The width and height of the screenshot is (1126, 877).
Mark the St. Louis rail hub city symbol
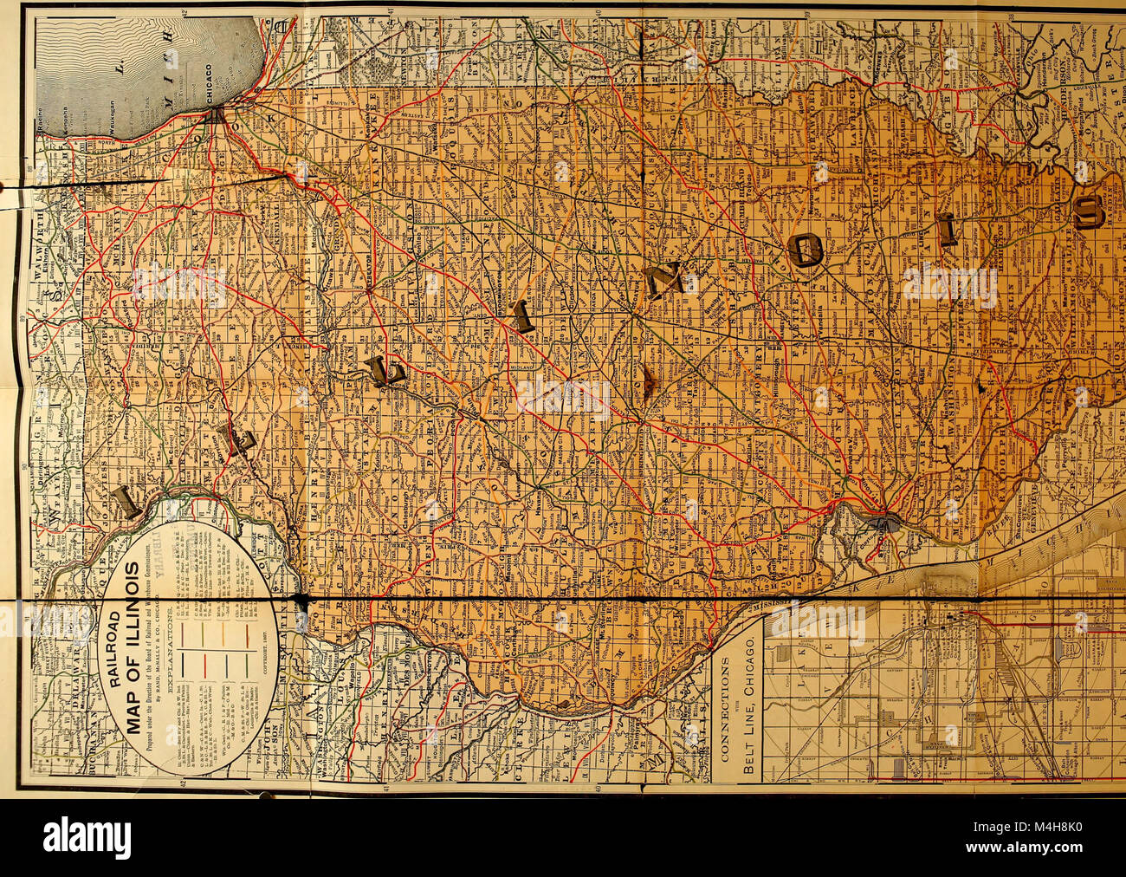tap(884, 523)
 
